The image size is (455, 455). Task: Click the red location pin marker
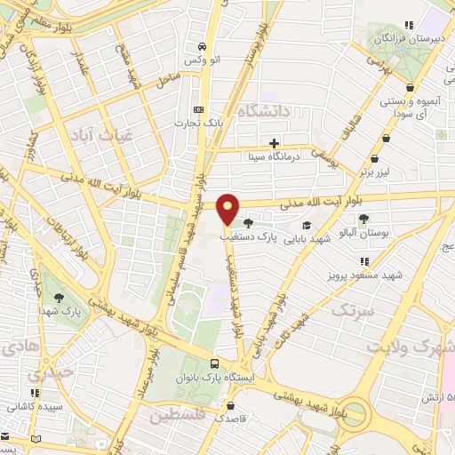click(x=228, y=208)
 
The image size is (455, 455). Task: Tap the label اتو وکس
click(x=201, y=60)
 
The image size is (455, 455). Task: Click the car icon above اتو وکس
click(x=203, y=46)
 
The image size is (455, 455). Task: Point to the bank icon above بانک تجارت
click(x=199, y=109)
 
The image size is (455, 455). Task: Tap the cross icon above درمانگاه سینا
click(x=274, y=142)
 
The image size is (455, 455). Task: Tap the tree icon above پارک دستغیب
click(x=247, y=223)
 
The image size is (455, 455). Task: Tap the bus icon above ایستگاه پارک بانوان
click(x=214, y=363)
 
